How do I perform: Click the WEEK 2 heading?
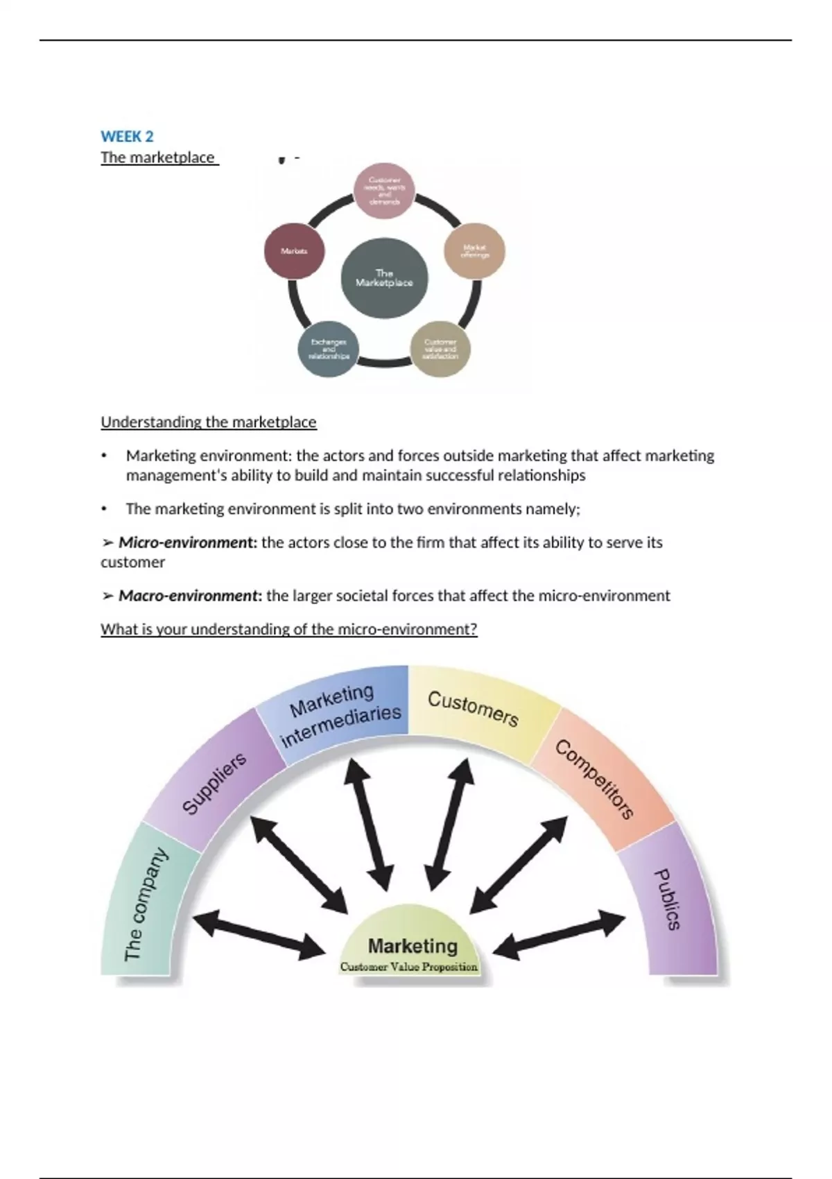click(x=127, y=137)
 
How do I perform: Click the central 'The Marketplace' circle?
click(x=384, y=278)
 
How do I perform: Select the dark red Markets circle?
click(x=294, y=251)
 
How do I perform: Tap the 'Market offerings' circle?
click(x=475, y=250)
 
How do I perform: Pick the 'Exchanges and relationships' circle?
click(x=329, y=349)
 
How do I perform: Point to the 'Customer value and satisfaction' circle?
click(x=440, y=349)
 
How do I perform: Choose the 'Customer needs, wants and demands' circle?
click(x=385, y=191)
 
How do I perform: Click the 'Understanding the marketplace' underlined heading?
click(x=208, y=422)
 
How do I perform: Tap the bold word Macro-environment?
click(x=189, y=596)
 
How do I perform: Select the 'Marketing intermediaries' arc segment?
click(x=340, y=714)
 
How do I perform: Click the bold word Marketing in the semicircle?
click(x=413, y=946)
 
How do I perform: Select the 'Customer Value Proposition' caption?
click(x=409, y=967)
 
